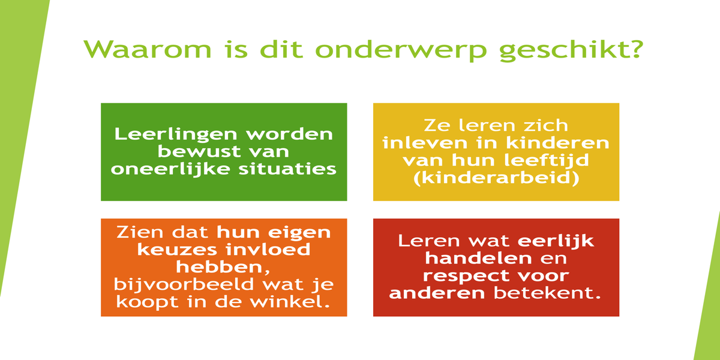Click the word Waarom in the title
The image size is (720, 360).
pos(148,49)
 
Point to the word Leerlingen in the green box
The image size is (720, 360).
pos(175,134)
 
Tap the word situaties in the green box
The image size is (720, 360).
pos(287,169)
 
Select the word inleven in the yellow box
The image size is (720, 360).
pos(425,143)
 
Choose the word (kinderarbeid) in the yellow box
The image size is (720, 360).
pos(496,178)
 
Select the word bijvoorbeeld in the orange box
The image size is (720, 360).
pos(184,285)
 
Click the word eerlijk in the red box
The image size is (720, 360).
pos(556,241)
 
